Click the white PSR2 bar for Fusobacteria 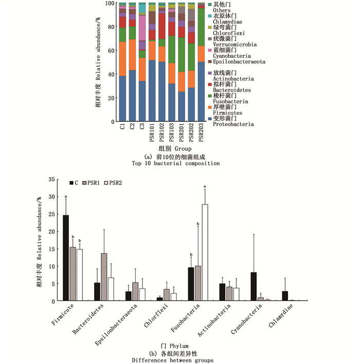coord(205,252)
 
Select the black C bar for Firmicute coord(66,258)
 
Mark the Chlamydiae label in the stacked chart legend coord(226,22)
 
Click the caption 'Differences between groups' coord(179,360)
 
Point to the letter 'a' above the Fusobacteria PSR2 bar coord(205,187)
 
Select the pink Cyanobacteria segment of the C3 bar coord(142,28)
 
